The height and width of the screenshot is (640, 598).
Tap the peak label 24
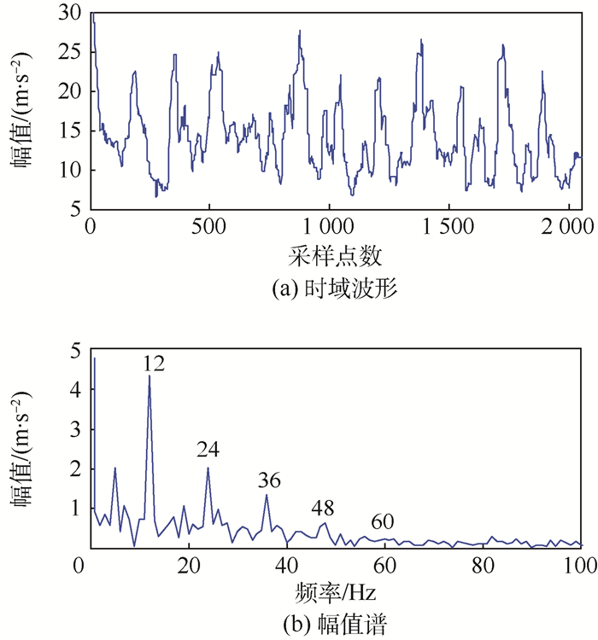pyautogui.click(x=208, y=449)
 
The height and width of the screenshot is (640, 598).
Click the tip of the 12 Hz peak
pyautogui.click(x=149, y=375)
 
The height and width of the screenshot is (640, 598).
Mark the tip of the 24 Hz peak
pyautogui.click(x=208, y=467)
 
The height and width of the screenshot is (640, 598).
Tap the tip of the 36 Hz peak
pyautogui.click(x=267, y=495)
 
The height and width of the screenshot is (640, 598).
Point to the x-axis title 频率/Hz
pyautogui.click(x=335, y=591)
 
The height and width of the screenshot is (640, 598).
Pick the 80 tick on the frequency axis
pyautogui.click(x=483, y=565)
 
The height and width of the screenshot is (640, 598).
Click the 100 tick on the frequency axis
pyautogui.click(x=580, y=565)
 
